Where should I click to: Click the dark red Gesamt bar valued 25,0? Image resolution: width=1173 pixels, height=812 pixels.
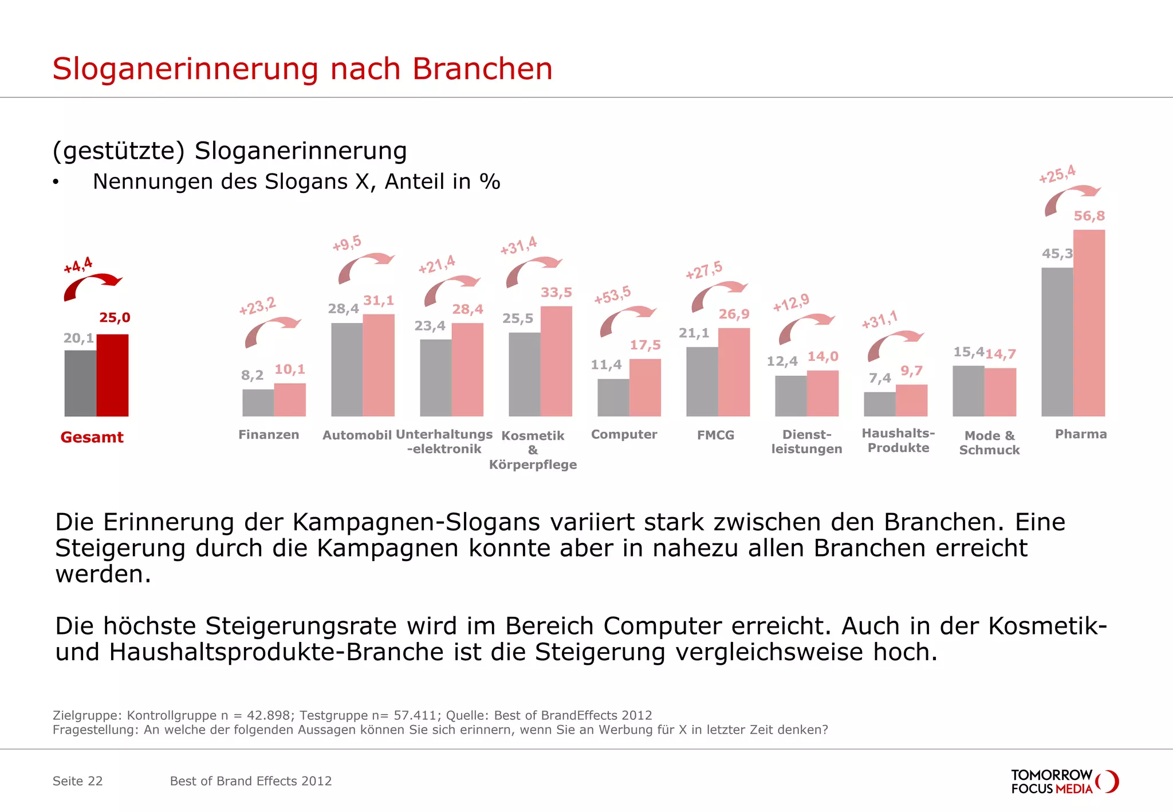tap(112, 375)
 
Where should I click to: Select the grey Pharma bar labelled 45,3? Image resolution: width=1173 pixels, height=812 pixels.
tap(1057, 342)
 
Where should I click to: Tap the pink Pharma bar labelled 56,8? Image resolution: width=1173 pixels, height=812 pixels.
tap(1089, 323)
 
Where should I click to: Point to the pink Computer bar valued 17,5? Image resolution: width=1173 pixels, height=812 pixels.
tap(645, 388)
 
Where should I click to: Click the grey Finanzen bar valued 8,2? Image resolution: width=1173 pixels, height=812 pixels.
tap(258, 403)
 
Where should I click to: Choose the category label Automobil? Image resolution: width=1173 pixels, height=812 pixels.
tap(357, 435)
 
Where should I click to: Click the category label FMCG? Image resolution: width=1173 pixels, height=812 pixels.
tap(715, 435)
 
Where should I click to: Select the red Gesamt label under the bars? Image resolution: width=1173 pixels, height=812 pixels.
tap(92, 437)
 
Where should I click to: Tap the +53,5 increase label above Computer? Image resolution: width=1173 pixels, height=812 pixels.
tap(612, 295)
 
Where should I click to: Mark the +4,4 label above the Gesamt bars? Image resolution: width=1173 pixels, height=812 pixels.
tap(78, 265)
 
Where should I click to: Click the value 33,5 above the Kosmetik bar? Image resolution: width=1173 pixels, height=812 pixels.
tap(556, 293)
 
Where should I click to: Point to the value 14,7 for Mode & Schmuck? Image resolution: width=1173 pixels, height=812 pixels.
tap(1001, 354)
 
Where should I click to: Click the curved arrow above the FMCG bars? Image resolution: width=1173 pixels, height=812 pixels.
tap(717, 295)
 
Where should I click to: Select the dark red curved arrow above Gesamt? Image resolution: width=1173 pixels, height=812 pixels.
tap(90, 286)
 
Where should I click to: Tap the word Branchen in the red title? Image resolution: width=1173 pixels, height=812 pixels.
tap(482, 69)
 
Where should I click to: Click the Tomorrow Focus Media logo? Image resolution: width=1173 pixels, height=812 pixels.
tap(1064, 782)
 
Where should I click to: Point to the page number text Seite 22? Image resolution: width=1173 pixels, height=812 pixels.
tap(77, 781)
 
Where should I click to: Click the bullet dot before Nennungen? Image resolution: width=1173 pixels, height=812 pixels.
tap(56, 183)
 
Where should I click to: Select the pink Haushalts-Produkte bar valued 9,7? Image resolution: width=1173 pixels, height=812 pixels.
tap(911, 400)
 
